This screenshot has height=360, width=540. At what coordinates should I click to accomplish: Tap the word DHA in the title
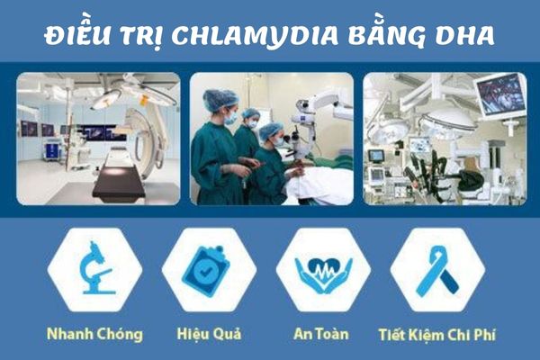coord(470,34)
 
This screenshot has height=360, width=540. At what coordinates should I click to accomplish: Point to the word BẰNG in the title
coord(388,34)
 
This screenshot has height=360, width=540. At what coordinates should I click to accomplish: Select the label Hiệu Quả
coord(208,335)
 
